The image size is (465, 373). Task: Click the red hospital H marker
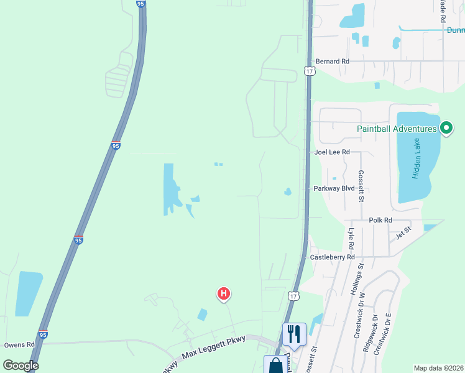pyautogui.click(x=224, y=293)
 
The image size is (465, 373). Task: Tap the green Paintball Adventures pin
pyautogui.click(x=446, y=128)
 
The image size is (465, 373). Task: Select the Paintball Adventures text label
pyautogui.click(x=397, y=129)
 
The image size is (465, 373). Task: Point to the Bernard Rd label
pyautogui.click(x=333, y=62)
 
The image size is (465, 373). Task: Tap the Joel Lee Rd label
pyautogui.click(x=333, y=152)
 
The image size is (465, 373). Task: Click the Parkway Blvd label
pyautogui.click(x=334, y=188)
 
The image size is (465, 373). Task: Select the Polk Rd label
pyautogui.click(x=380, y=220)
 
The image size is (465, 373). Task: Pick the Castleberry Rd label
pyautogui.click(x=332, y=257)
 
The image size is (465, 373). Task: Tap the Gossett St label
pyautogui.click(x=361, y=186)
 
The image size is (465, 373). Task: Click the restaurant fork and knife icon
pyautogui.click(x=294, y=333)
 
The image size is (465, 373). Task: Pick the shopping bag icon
pyautogui.click(x=275, y=365)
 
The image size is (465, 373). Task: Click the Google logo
pyautogui.click(x=21, y=366)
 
